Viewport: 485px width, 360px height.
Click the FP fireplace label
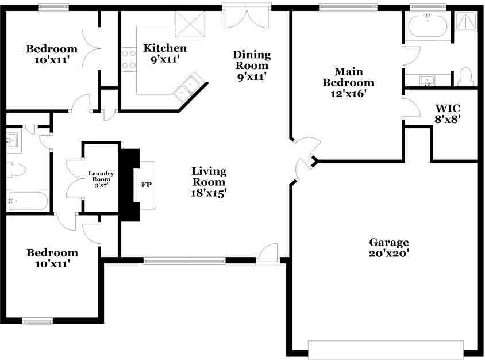(145, 186)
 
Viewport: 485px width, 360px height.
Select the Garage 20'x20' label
(389, 247)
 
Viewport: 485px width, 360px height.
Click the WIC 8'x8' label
(448, 114)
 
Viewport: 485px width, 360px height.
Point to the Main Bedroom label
(348, 82)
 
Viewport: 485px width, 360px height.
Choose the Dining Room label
(252, 65)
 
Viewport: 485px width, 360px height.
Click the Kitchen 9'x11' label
(165, 53)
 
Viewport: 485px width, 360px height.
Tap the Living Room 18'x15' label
(209, 182)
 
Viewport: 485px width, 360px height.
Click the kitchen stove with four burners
(128, 60)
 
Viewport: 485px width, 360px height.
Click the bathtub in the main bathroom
(427, 25)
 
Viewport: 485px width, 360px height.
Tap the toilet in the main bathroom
(465, 76)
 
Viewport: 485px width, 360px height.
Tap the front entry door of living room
(267, 255)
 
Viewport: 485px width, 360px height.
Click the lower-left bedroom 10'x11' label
(52, 258)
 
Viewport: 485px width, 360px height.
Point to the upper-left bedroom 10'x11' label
(52, 53)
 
